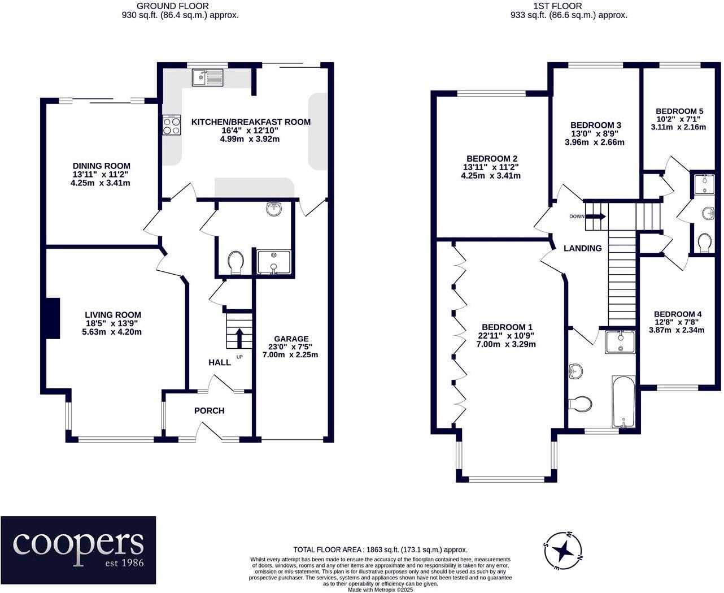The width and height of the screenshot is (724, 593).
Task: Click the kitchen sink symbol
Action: (x=207, y=77)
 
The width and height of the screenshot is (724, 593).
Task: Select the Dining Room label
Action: (x=101, y=166)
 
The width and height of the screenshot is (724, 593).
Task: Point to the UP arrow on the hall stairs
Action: (x=239, y=338)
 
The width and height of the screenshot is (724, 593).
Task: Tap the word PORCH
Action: (x=209, y=410)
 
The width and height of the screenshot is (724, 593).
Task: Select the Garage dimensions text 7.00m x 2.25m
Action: (x=290, y=354)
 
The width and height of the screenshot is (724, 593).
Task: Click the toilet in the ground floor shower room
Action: (x=236, y=262)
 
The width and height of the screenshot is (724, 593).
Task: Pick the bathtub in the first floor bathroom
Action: (x=623, y=401)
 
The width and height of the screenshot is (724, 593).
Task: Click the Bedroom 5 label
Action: (x=679, y=111)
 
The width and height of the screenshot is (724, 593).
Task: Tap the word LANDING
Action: (x=583, y=248)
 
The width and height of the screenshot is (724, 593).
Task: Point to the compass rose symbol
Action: (x=563, y=551)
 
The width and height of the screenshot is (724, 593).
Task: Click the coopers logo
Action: (x=78, y=550)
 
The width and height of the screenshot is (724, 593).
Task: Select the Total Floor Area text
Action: (x=380, y=549)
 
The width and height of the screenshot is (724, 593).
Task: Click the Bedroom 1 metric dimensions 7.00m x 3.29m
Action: (x=506, y=344)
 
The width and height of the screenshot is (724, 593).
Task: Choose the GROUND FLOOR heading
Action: (x=173, y=6)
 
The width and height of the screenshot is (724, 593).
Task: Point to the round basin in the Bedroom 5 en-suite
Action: (x=708, y=214)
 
